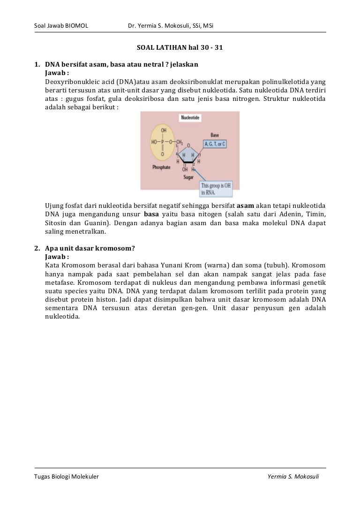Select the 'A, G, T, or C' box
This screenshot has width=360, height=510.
[215, 144]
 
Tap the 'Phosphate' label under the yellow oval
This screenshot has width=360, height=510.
[161, 167]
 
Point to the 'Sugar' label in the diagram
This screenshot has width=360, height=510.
[188, 178]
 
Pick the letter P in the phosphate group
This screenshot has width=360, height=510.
[163, 142]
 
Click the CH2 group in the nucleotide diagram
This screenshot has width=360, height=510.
[179, 142]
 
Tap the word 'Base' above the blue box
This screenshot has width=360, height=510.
[215, 135]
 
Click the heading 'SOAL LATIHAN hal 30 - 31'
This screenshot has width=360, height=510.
[180, 48]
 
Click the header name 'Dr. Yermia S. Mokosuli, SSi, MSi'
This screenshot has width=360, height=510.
[171, 25]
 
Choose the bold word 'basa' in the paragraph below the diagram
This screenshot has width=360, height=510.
[151, 214]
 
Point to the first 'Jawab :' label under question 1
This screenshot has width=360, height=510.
[57, 73]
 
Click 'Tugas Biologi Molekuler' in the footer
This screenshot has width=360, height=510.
[67, 477]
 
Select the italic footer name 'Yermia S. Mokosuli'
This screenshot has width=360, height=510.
[293, 477]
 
